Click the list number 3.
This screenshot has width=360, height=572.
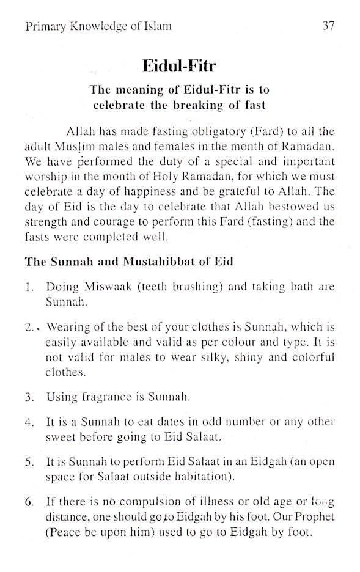pyautogui.click(x=29, y=397)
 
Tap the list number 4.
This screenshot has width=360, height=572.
pyautogui.click(x=29, y=422)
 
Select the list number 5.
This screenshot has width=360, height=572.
pyautogui.click(x=29, y=461)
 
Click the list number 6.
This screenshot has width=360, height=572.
pyautogui.click(x=29, y=502)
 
